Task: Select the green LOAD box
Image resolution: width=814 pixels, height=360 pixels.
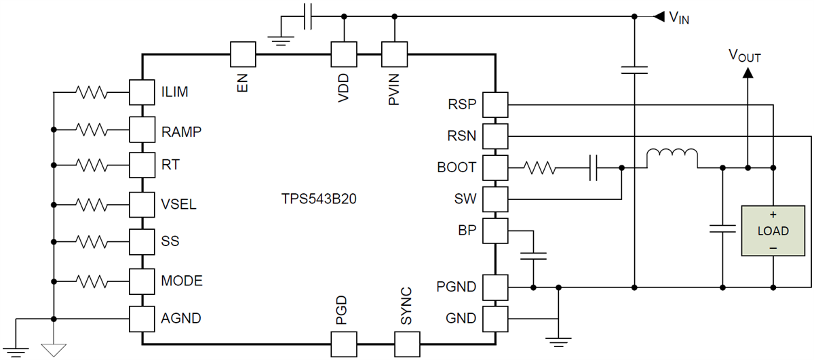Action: click(773, 231)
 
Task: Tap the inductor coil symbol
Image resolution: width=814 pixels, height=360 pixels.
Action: click(672, 159)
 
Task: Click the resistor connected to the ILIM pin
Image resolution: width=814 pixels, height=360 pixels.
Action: click(91, 92)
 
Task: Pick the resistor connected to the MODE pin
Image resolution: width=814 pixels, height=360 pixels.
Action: click(91, 279)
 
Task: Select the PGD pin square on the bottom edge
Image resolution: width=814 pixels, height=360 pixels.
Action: click(343, 344)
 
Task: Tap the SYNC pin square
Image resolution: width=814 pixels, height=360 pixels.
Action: click(407, 344)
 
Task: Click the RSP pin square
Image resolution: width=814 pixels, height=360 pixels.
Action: click(497, 105)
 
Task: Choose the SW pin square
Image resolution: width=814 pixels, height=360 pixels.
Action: click(497, 199)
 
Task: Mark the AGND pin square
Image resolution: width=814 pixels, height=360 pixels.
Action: click(141, 318)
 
